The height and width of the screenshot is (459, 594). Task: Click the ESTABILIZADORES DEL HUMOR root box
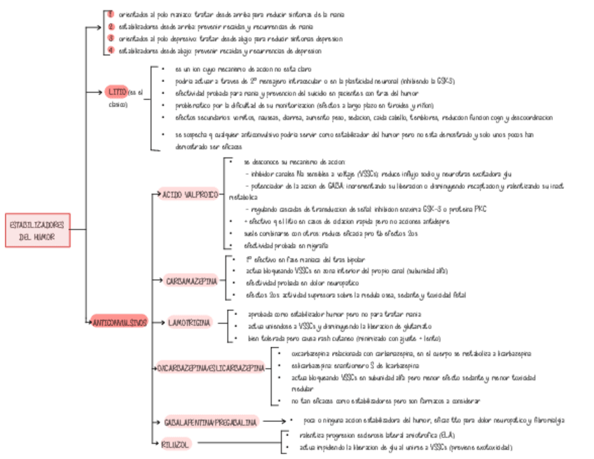pyautogui.click(x=39, y=230)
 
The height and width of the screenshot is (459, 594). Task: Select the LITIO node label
pyautogui.click(x=116, y=92)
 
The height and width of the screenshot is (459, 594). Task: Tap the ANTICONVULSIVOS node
pyautogui.click(x=118, y=323)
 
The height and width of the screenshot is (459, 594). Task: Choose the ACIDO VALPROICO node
pyautogui.click(x=189, y=194)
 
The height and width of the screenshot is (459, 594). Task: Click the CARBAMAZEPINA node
pyautogui.click(x=191, y=281)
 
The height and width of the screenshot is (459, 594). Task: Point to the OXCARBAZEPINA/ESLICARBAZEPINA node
pyautogui.click(x=212, y=367)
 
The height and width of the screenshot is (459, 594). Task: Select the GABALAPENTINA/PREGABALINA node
pyautogui.click(x=210, y=422)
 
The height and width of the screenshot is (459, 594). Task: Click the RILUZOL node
pyautogui.click(x=175, y=443)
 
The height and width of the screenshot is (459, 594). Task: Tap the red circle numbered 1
pyautogui.click(x=111, y=14)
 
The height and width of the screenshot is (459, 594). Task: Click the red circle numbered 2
pyautogui.click(x=111, y=26)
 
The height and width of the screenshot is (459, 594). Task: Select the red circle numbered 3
pyautogui.click(x=111, y=38)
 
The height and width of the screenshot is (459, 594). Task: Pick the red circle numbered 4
pyautogui.click(x=111, y=50)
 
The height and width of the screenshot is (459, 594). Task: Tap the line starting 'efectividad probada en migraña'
pyautogui.click(x=275, y=246)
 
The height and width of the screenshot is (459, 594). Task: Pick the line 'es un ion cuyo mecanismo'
pyautogui.click(x=242, y=69)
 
